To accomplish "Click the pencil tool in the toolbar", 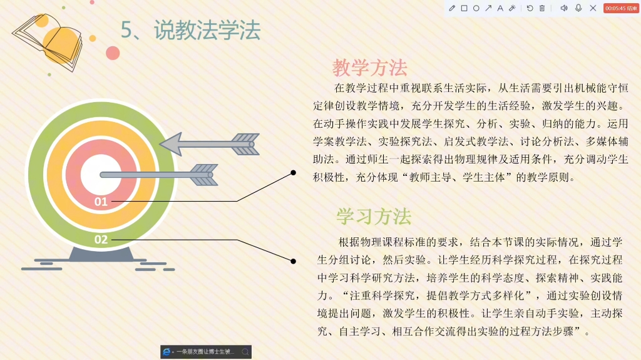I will point(452,8).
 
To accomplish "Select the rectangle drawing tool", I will point(464,8).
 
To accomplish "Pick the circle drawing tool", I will point(476,8).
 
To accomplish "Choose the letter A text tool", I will point(500,8).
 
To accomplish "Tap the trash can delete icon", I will point(542,8).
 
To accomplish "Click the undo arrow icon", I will point(530,8).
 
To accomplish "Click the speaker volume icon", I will point(563,8).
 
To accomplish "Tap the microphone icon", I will point(578,8).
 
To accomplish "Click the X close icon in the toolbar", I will point(593,8).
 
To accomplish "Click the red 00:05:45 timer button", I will point(621,8).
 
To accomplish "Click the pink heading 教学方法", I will point(369,67).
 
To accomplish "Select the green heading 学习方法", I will point(374,217).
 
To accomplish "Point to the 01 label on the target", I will point(101,202).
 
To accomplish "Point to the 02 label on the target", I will point(101,239).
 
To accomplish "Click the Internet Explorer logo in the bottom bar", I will point(167,352).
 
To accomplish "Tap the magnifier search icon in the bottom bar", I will point(245,352).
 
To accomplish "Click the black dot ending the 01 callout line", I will point(293,172).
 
